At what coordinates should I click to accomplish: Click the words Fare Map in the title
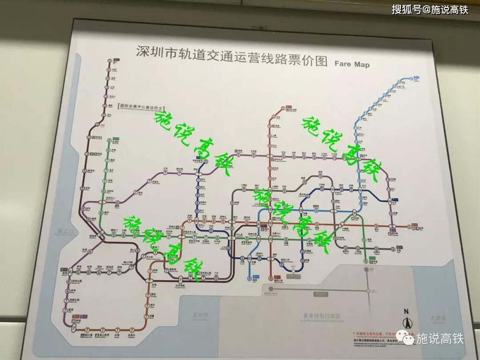tap(352, 64)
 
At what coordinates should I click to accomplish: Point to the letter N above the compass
tap(405, 311)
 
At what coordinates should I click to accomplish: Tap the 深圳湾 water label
tap(200, 315)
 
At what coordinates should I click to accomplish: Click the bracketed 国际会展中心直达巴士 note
tap(138, 107)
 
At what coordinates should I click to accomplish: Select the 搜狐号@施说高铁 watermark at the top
tap(430, 9)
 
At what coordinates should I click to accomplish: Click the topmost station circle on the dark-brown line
tap(109, 70)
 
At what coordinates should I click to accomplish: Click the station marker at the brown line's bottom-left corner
tap(74, 328)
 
